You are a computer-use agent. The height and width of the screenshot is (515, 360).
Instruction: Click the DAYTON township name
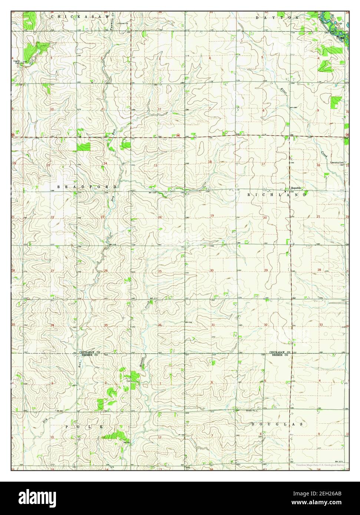coord(277,17)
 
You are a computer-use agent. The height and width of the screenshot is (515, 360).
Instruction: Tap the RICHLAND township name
coord(277,194)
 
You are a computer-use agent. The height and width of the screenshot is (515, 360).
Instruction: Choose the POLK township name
coord(85,427)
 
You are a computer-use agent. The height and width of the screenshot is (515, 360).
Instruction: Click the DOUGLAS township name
coord(277,424)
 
